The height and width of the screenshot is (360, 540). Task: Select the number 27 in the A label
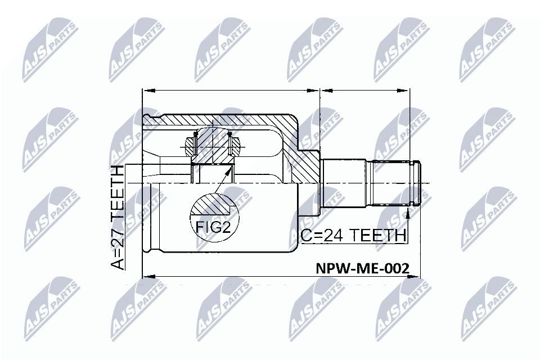click(119, 236)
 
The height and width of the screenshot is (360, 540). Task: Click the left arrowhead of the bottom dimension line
click(147, 276)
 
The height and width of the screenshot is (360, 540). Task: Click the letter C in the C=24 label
click(304, 235)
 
